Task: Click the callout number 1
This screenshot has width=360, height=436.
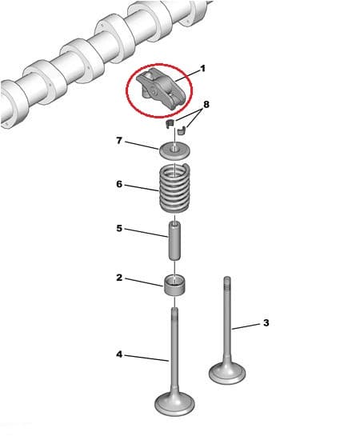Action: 202,69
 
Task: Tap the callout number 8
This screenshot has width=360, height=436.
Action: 206,105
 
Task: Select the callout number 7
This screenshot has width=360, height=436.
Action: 119,141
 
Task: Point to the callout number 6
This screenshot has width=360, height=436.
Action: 119,184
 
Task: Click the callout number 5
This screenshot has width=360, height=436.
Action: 119,228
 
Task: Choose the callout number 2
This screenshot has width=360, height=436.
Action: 119,278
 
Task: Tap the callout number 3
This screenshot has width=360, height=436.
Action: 266,323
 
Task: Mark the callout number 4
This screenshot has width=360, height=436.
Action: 119,354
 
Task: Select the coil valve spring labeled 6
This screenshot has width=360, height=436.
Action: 174,188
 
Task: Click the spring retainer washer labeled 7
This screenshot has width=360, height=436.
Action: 175,150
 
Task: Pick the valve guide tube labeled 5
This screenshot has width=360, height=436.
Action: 174,241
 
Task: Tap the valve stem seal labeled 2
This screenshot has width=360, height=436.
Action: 174,285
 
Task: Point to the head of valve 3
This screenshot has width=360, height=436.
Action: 227,373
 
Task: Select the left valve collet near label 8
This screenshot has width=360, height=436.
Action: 170,124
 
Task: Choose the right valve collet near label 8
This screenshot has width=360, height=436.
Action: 182,130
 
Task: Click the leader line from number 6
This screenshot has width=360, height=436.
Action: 142,188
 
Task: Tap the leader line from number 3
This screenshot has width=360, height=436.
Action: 246,326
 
